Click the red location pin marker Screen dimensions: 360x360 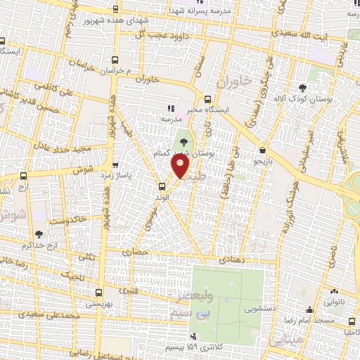click(181, 165)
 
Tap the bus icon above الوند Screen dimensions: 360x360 click(162, 186)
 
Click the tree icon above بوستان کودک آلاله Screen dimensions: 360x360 click(303, 89)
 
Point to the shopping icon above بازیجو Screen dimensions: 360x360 click(262, 150)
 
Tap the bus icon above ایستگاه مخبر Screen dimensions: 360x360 click(207, 99)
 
